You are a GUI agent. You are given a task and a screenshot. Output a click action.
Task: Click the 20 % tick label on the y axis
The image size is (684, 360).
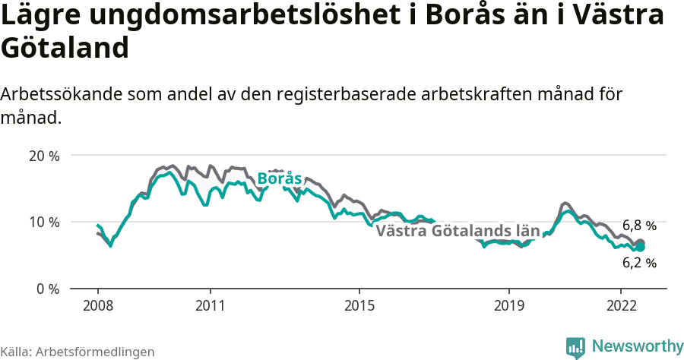click(x=43, y=156)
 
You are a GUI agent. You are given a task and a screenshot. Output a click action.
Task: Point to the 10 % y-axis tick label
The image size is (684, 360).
click(x=43, y=222)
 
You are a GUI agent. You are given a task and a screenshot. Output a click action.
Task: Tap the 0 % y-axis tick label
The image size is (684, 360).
click(x=47, y=289)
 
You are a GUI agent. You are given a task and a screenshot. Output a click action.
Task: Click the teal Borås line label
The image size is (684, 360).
click(x=280, y=179)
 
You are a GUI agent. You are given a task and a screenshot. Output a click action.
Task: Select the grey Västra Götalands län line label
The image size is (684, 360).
click(x=458, y=231)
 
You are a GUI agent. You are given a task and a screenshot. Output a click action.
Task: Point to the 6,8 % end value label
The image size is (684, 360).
click(x=639, y=226)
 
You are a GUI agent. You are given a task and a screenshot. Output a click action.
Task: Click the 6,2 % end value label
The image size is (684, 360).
click(x=639, y=264)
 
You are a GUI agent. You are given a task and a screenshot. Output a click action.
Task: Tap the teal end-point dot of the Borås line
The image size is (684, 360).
click(x=640, y=247)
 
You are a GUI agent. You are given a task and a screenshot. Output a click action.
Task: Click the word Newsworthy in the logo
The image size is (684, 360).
click(x=638, y=346)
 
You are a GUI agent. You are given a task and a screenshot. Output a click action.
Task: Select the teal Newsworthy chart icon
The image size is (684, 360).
click(x=575, y=347)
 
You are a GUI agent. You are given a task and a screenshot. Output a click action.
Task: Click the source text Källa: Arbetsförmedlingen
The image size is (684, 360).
click(x=78, y=352)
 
